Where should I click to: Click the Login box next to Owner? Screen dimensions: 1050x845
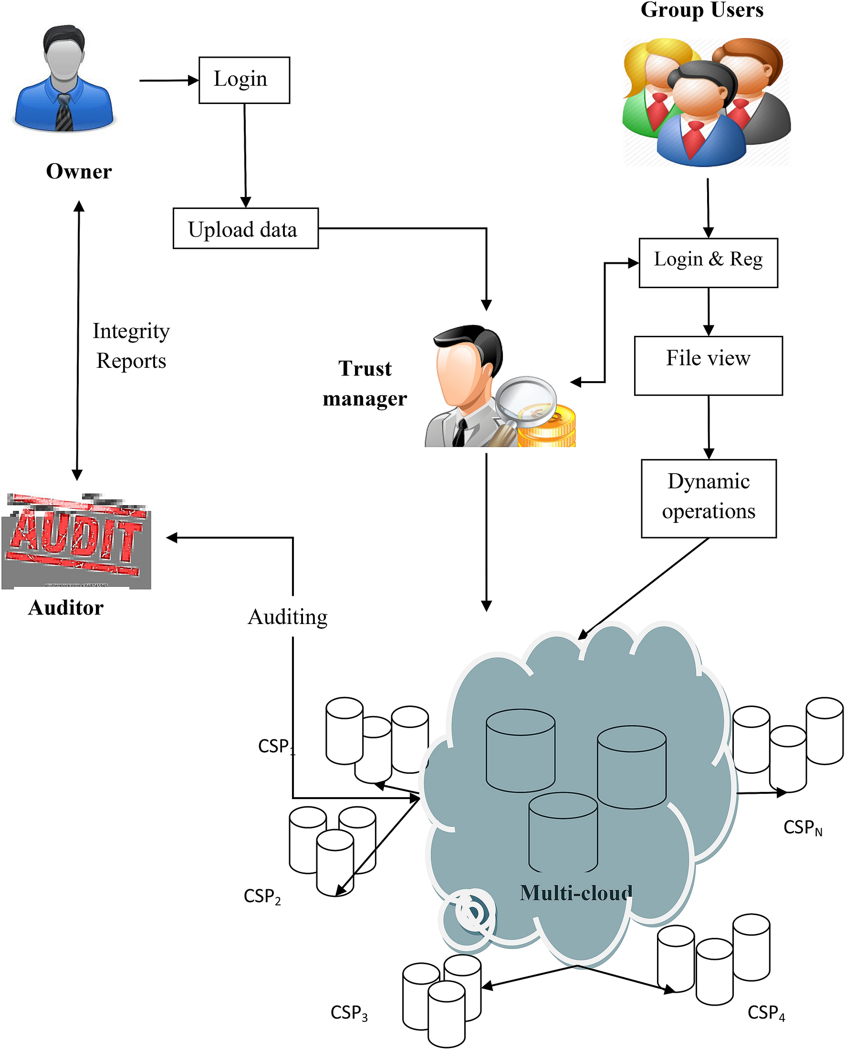point(244,80)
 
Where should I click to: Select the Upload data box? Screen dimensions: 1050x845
point(245,229)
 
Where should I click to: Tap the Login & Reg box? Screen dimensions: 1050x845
point(708,262)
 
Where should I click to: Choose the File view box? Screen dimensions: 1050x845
point(708,365)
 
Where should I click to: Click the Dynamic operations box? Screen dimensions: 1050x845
point(708,498)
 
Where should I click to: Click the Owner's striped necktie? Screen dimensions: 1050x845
point(63,113)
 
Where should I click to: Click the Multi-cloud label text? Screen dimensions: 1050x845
point(576,893)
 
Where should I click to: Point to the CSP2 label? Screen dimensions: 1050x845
point(262,896)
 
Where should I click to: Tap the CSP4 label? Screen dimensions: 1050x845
point(766,1012)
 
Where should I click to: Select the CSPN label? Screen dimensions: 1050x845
point(802,827)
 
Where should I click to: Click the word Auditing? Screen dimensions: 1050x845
point(287,617)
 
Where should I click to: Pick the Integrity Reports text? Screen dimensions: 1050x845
point(131,346)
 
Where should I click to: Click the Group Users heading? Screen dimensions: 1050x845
point(701,10)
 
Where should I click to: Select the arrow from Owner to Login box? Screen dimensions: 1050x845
point(168,80)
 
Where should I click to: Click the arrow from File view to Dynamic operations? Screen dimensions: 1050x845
point(709,426)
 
